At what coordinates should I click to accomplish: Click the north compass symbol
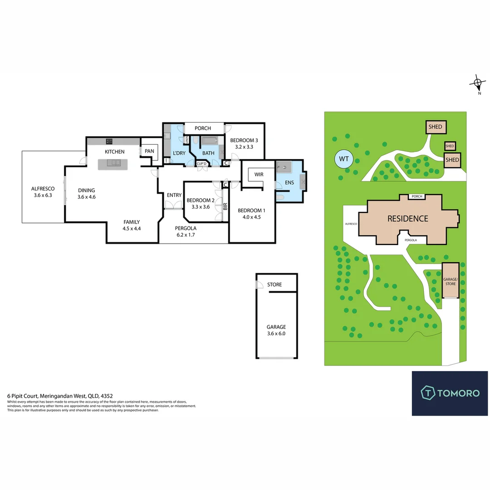pyautogui.click(x=477, y=83)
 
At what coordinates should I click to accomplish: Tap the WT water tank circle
pyautogui.click(x=344, y=159)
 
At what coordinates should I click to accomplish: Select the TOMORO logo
pyautogui.click(x=450, y=393)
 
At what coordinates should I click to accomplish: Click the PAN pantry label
pyautogui.click(x=149, y=151)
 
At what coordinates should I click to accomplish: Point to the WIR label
pyautogui.click(x=259, y=174)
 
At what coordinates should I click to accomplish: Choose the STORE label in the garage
pyautogui.click(x=274, y=284)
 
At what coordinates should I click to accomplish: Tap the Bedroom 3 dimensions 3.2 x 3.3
pyautogui.click(x=244, y=147)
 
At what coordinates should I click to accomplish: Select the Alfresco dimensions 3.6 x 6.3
pyautogui.click(x=43, y=196)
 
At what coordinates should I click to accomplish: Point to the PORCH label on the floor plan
pyautogui.click(x=203, y=128)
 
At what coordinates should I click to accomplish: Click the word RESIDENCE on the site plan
pyautogui.click(x=407, y=219)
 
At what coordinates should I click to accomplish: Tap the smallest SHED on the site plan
pyautogui.click(x=450, y=146)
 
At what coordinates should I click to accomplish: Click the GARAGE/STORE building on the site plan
pyautogui.click(x=451, y=280)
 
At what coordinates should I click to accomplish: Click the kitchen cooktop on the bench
pyautogui.click(x=109, y=141)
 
